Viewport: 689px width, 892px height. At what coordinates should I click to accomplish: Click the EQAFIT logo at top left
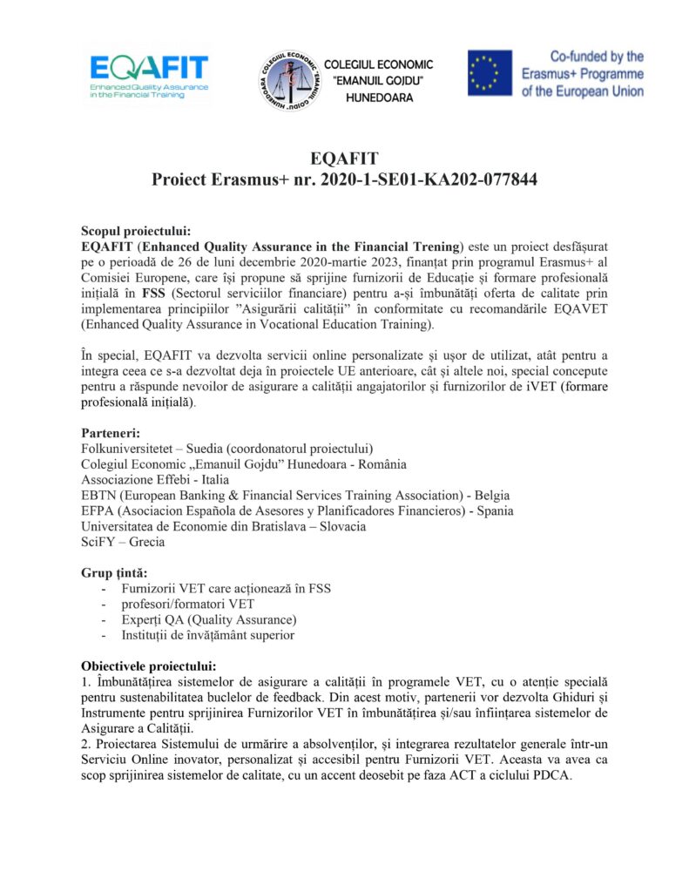(x=148, y=76)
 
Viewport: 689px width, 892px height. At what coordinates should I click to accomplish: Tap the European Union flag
(x=490, y=72)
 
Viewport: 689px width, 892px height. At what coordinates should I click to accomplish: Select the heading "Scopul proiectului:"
(x=135, y=231)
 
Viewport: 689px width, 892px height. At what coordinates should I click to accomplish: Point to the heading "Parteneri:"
(x=111, y=433)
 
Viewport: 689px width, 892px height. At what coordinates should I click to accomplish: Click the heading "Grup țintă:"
(x=114, y=572)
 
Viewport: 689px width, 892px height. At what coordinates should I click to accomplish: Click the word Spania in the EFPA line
(x=491, y=510)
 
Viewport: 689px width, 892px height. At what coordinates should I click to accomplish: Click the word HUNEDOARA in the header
(x=380, y=98)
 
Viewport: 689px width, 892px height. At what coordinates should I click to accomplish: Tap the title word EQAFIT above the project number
(x=344, y=159)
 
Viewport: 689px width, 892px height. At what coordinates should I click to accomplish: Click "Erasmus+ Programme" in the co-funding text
(x=583, y=73)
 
